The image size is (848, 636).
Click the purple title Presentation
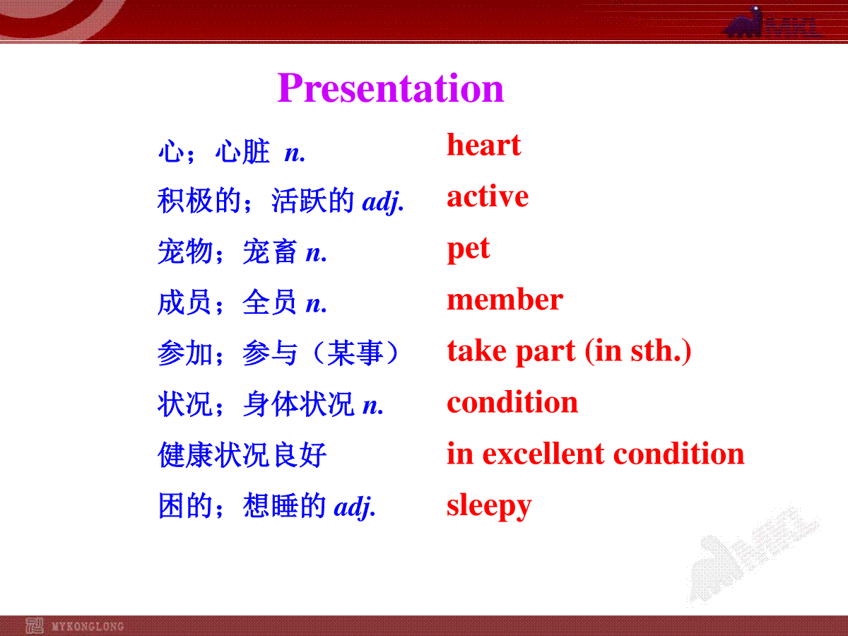coord(391,88)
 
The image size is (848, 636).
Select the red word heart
coord(483,144)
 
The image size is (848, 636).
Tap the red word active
coord(488,196)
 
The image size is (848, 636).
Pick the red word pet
coord(469,249)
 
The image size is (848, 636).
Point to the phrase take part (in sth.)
coord(569,351)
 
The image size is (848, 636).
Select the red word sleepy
coord(489,506)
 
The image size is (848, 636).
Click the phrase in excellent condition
coord(595,454)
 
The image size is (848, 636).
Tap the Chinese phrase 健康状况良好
coord(242,455)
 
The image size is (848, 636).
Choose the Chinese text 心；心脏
coord(214,151)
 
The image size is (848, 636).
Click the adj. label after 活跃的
coord(383,201)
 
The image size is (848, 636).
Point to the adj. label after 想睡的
coord(355,507)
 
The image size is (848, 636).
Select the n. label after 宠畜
coord(317,253)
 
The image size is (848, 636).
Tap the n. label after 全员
coord(317,305)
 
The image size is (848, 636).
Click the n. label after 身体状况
coord(373,406)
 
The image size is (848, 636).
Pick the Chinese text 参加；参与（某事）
coord(279,353)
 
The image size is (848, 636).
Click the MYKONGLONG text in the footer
coord(88,626)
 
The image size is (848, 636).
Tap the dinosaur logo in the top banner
coord(743,23)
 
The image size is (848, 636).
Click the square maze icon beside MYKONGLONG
coord(35,625)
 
